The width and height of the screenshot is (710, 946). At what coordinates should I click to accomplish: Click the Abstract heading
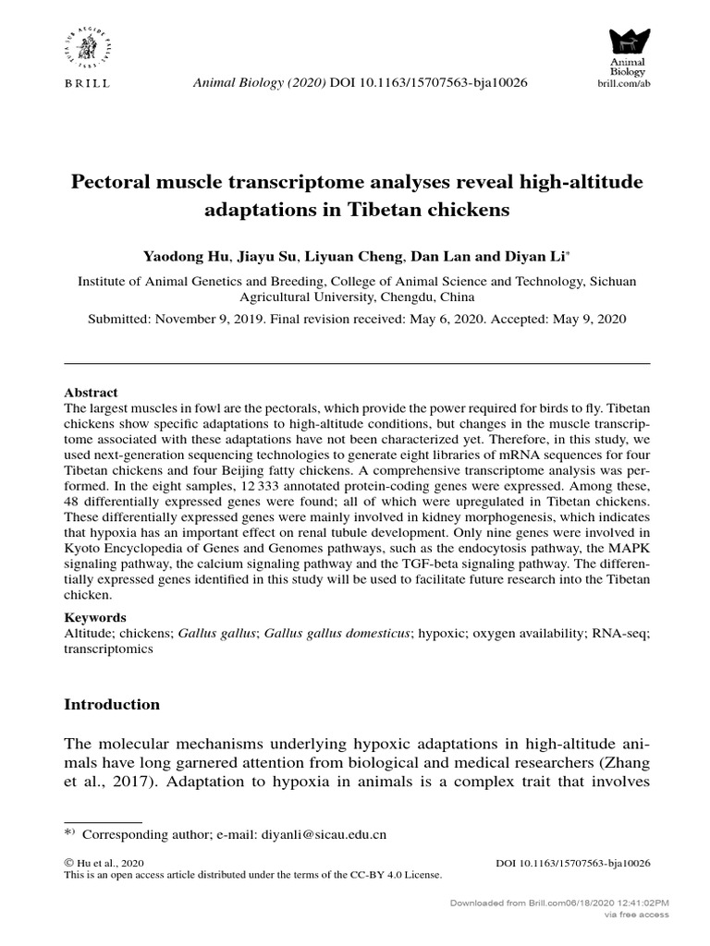(x=90, y=393)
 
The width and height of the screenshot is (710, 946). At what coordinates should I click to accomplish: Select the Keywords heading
(x=95, y=617)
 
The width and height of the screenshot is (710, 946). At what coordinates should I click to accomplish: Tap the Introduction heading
(x=111, y=704)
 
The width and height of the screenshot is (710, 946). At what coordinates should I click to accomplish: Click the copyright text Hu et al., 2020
(x=112, y=863)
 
